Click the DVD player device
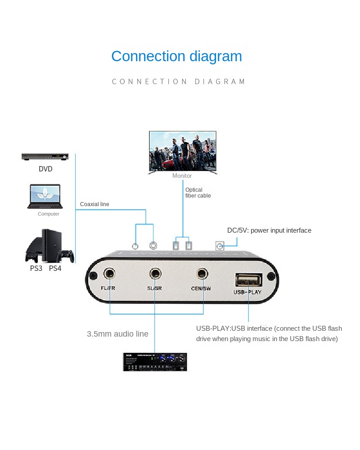45,157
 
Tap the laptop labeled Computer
44,196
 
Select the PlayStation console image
49,246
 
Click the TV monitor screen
183,151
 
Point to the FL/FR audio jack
109,273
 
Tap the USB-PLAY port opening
248,280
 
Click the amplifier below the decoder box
155,362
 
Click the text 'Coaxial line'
94,204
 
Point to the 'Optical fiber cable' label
198,193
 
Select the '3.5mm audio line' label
117,334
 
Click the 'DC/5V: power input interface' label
269,230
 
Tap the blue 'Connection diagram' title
176,56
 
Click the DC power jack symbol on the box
220,246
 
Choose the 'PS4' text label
55,269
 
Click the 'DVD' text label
45,169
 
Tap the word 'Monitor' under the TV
182,176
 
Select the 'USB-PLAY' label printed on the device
247,292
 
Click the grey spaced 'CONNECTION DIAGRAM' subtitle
179,81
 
